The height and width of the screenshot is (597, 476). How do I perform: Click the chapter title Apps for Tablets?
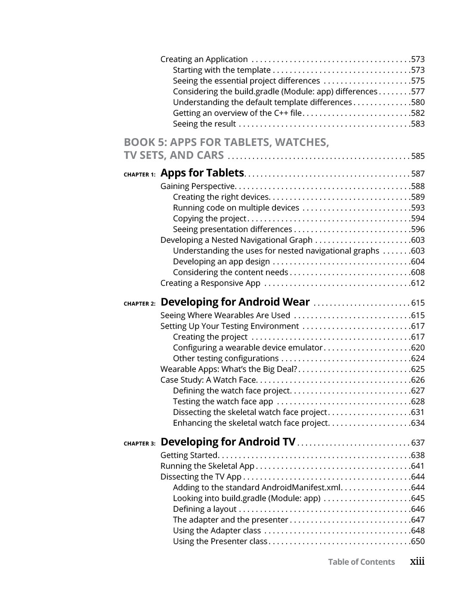(202, 173)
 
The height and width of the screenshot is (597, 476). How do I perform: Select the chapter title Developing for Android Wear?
(235, 302)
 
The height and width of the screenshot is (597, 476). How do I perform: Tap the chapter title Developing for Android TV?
(228, 442)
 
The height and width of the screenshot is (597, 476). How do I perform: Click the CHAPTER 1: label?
(139, 175)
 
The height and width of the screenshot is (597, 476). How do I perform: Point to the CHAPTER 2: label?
(139, 304)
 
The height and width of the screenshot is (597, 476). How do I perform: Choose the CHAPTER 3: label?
(139, 444)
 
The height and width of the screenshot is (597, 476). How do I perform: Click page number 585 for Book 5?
(418, 156)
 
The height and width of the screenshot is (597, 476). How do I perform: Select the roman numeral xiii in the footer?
(417, 561)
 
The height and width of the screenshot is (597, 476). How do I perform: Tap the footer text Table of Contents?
(361, 562)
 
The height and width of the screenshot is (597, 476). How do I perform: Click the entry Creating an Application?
(204, 59)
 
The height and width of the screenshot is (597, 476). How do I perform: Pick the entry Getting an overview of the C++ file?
(237, 113)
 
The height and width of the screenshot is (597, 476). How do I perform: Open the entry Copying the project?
(209, 219)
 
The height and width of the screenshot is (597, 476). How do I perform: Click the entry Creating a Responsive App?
(210, 283)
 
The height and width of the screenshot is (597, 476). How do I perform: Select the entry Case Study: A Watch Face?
(208, 380)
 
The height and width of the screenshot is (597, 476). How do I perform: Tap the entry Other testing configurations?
(226, 359)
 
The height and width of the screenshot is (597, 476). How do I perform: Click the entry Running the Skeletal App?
(207, 466)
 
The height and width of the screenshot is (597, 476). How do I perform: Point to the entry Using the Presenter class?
(220, 541)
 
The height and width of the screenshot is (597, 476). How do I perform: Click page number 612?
(418, 283)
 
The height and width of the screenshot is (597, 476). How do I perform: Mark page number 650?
(418, 541)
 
